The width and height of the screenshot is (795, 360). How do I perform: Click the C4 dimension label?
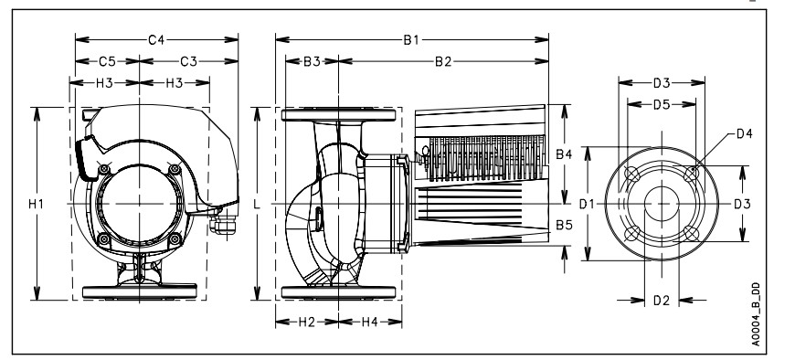coord(156,39)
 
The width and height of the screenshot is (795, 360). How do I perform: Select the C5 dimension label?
coord(107,61)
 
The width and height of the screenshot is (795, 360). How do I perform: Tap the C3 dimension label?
coord(188,61)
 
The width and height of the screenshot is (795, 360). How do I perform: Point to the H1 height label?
coord(36,204)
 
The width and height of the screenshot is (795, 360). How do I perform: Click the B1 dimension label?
coord(411,39)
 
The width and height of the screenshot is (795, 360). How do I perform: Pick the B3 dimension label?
coord(312,61)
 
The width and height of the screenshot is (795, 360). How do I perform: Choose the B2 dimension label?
coord(443,61)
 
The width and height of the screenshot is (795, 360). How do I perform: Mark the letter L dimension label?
coord(257,204)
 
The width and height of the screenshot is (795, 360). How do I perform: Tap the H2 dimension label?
coord(307,322)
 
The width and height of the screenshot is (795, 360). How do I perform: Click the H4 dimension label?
coord(369,322)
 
